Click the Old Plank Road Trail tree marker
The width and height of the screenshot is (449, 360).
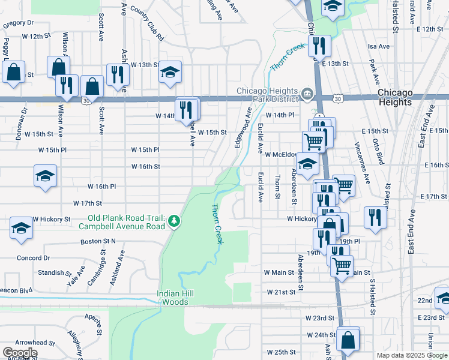click(x=174, y=221)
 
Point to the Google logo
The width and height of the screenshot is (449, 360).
click(x=20, y=353)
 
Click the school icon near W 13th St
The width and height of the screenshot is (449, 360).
click(x=170, y=73)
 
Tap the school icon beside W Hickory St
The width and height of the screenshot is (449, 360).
click(x=21, y=229)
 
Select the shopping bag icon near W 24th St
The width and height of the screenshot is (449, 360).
click(x=348, y=340)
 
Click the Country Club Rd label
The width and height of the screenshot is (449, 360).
click(x=146, y=23)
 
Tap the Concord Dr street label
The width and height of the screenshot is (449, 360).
click(x=33, y=258)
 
